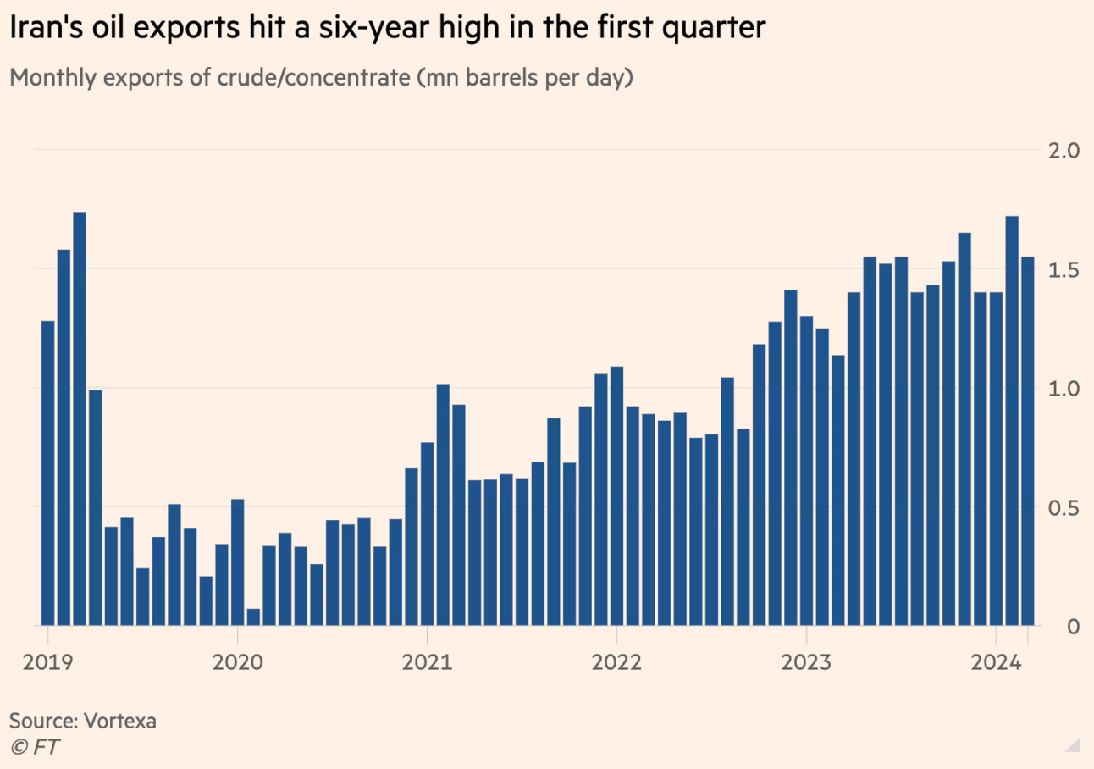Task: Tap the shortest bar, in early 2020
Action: point(253,617)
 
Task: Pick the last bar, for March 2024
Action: point(1027,440)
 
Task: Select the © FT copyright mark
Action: point(35,746)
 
